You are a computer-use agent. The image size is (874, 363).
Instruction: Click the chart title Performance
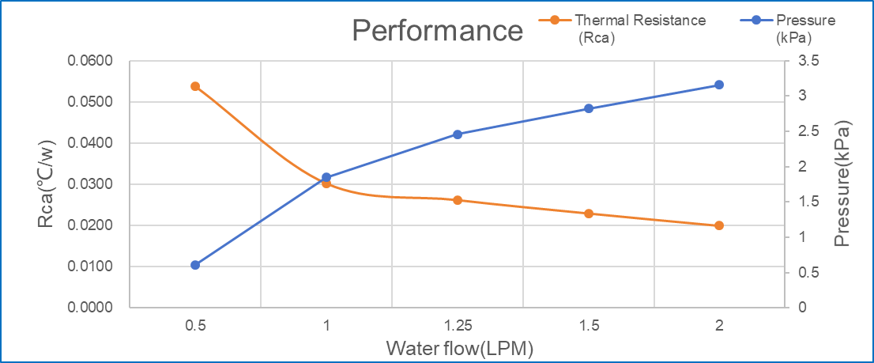[437, 31]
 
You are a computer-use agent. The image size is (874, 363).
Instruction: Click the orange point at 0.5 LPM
[195, 86]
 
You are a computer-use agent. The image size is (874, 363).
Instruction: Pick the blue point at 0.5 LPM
[195, 265]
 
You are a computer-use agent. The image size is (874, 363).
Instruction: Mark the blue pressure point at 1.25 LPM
[458, 134]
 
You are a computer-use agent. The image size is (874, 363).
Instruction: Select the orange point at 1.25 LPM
[458, 200]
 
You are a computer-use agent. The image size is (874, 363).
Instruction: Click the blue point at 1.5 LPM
[589, 108]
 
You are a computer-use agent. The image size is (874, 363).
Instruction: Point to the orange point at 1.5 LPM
[589, 214]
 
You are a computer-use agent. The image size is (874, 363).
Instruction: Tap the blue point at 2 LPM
[719, 85]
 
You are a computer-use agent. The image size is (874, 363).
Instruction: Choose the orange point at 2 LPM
[719, 225]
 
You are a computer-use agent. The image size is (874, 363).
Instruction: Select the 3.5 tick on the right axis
[809, 62]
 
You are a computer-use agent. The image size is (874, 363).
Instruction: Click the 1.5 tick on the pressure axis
[809, 202]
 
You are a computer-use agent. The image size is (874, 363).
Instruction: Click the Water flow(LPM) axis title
[456, 348]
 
